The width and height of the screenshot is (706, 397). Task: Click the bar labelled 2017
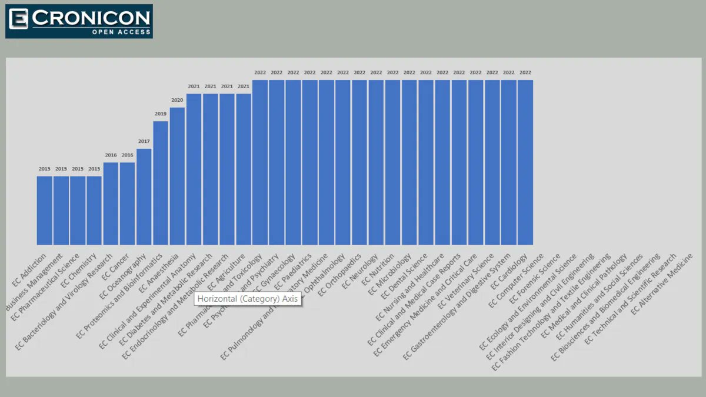click(x=144, y=196)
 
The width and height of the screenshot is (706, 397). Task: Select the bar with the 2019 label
click(x=161, y=182)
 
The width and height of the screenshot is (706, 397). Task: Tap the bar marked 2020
click(x=177, y=176)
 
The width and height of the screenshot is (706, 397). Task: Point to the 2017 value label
click(x=144, y=141)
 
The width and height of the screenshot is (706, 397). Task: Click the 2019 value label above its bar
click(x=161, y=114)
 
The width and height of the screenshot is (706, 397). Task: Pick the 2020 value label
click(x=177, y=100)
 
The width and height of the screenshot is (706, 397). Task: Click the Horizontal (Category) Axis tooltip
click(x=248, y=299)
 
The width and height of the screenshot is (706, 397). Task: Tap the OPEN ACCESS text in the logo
click(x=121, y=32)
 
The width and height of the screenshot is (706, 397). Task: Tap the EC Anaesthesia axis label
click(x=161, y=272)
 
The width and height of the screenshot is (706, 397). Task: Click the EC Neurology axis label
click(x=361, y=271)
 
